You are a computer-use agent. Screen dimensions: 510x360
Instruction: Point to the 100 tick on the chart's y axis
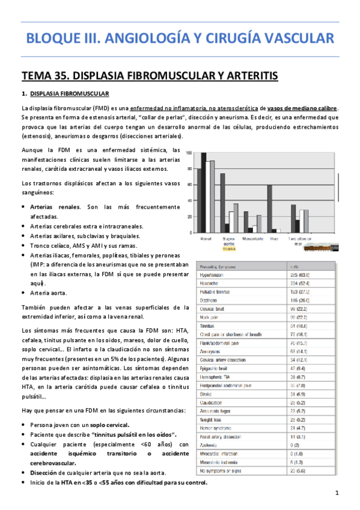pos(190,153)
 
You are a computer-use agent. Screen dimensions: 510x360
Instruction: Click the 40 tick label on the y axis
pos(190,200)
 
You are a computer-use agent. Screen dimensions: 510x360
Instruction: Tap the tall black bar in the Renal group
pos(204,192)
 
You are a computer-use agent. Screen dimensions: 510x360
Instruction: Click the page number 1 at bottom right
pos(338,493)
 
